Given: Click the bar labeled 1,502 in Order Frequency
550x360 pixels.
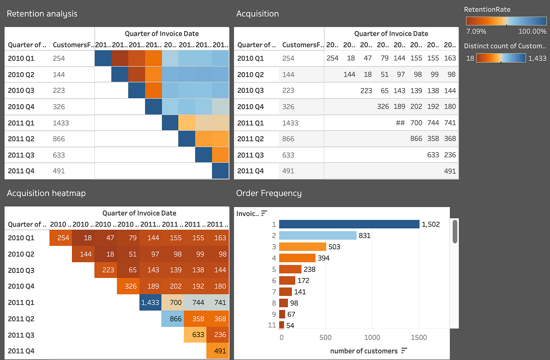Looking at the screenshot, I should click(x=349, y=224).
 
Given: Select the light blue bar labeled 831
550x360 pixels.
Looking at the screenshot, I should click(x=318, y=235).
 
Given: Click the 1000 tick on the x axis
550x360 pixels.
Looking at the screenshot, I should click(x=372, y=338).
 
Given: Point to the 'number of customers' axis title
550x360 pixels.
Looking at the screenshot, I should click(x=364, y=351).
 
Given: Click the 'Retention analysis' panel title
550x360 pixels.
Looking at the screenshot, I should click(x=42, y=14).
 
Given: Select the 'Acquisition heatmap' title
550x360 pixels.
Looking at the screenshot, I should click(x=46, y=194).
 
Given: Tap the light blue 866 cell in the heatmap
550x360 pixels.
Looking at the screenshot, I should click(x=173, y=319).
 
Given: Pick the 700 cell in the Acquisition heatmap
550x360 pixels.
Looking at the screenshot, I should click(x=173, y=303).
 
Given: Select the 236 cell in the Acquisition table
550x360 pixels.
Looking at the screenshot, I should click(x=450, y=155).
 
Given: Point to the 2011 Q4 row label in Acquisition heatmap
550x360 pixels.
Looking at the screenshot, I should click(x=21, y=351).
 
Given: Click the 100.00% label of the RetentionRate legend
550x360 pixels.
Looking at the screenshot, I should click(x=533, y=32).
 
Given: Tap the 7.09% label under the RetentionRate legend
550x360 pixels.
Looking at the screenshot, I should click(x=476, y=32).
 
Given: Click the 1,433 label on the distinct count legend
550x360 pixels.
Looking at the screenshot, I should click(x=537, y=59).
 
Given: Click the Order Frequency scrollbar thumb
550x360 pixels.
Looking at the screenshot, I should click(x=455, y=231).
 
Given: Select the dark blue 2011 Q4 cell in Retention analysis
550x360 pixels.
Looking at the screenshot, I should click(x=220, y=171).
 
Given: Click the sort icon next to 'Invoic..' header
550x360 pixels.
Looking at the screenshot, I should click(x=264, y=213).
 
